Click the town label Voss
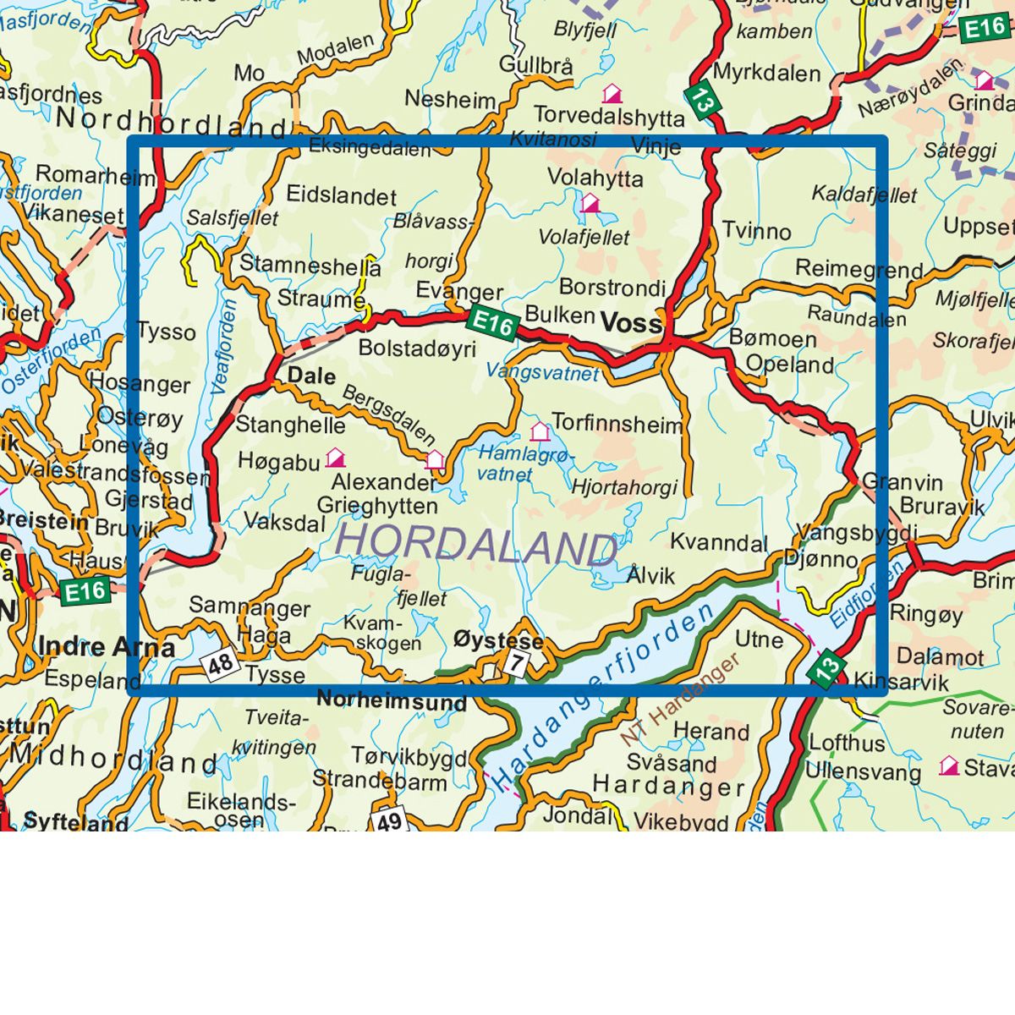click(x=631, y=323)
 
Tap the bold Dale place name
click(x=312, y=376)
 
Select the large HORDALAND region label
click(x=477, y=543)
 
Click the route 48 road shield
click(x=220, y=664)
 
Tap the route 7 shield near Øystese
click(x=515, y=662)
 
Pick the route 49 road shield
click(x=388, y=820)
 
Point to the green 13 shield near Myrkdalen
click(x=701, y=99)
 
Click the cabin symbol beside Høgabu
click(x=336, y=458)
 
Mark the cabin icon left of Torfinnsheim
click(x=539, y=431)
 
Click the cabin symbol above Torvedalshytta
click(x=612, y=92)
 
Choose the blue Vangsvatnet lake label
click(x=542, y=372)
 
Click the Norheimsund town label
click(x=392, y=701)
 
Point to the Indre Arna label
click(x=107, y=648)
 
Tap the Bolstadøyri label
click(x=417, y=348)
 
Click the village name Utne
click(x=759, y=639)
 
